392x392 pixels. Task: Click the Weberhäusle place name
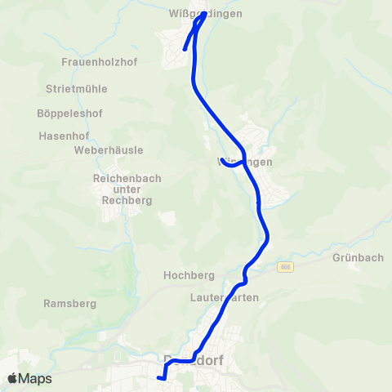tap(109, 150)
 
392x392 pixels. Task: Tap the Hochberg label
tap(189, 275)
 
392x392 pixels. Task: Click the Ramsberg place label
tap(69, 303)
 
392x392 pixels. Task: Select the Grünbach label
tap(358, 258)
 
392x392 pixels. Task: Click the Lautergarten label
tap(224, 298)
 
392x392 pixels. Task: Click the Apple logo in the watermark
tap(13, 379)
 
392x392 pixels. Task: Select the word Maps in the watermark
tap(36, 379)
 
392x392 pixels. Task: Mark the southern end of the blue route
tap(158, 377)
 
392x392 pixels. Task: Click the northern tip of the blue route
tap(204, 14)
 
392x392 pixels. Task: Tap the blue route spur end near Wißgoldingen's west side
tap(185, 49)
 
